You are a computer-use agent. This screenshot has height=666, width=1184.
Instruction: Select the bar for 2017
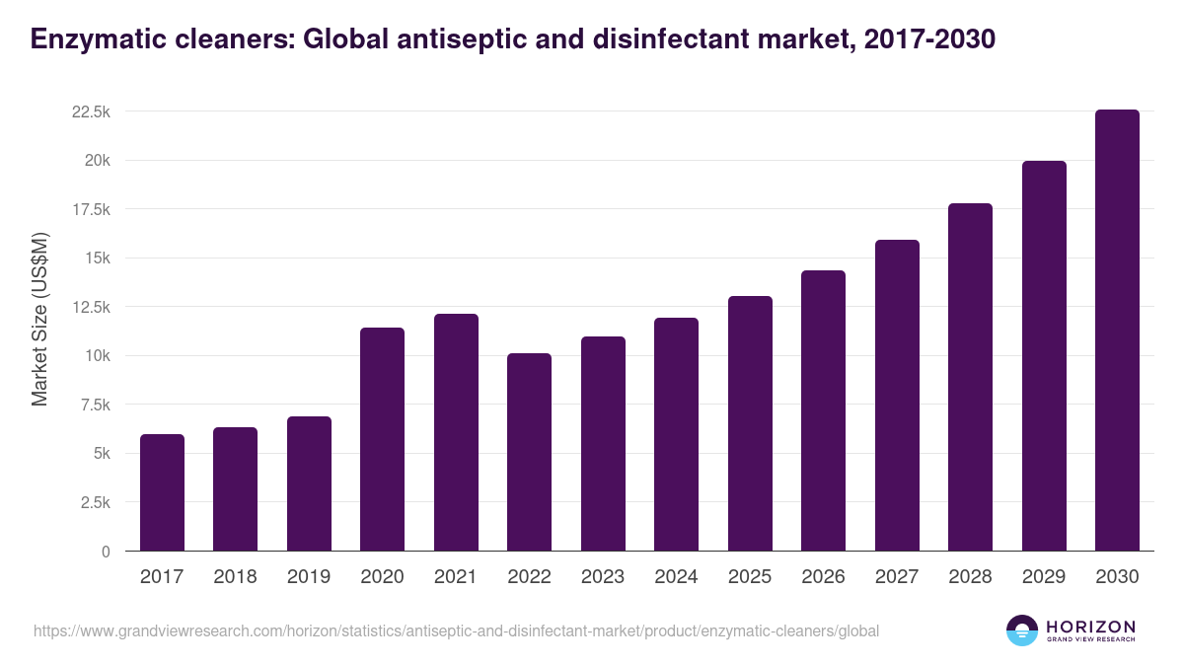(x=162, y=492)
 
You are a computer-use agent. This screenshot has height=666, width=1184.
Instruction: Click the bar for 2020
(x=382, y=439)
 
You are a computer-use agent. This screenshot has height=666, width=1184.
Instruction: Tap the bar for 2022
(x=529, y=452)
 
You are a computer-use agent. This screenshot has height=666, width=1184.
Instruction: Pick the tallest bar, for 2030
(x=1117, y=331)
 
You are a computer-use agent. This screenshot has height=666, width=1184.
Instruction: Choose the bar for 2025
(x=750, y=423)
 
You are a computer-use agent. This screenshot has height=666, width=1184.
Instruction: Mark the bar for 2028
(x=970, y=377)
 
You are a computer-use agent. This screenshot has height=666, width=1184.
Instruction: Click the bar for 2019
(x=309, y=483)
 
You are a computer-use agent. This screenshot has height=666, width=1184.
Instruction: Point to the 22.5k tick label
(x=90, y=112)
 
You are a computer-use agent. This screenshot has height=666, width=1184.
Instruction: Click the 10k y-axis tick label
(x=97, y=356)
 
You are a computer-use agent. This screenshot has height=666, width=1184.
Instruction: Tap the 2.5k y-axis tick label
(x=94, y=502)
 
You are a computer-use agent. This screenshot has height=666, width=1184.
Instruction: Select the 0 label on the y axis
(x=105, y=552)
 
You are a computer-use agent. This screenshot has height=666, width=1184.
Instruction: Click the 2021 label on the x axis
(x=456, y=577)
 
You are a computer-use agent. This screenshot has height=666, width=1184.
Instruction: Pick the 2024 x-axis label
(x=676, y=577)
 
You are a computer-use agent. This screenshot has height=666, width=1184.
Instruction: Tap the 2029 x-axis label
(x=1044, y=577)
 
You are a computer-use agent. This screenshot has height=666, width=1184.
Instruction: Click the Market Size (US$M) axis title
(x=40, y=319)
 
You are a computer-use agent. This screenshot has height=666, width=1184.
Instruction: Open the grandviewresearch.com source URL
(x=456, y=630)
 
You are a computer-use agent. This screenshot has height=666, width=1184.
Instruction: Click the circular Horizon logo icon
(x=1021, y=630)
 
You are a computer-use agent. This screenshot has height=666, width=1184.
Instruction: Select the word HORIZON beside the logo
(x=1090, y=626)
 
